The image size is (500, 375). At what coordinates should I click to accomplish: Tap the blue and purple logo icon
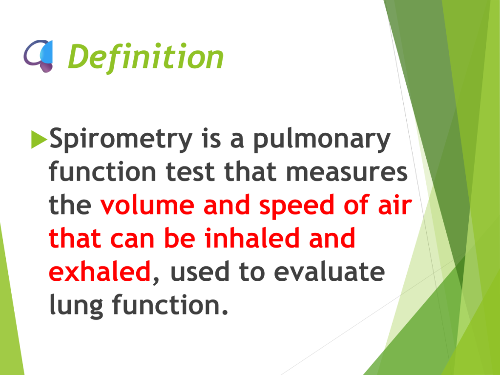(39, 56)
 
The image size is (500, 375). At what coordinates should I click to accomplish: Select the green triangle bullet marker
(39, 139)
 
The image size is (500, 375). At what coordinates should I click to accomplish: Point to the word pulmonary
(322, 139)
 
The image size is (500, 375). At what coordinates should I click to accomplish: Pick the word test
(190, 172)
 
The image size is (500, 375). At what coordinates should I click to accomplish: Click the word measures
(347, 172)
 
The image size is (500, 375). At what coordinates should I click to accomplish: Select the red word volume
(147, 205)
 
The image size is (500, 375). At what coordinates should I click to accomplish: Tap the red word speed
(297, 206)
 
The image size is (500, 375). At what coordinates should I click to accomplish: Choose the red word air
(395, 205)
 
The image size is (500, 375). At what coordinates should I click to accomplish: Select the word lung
(76, 305)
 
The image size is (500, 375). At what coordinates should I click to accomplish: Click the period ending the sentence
(225, 312)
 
